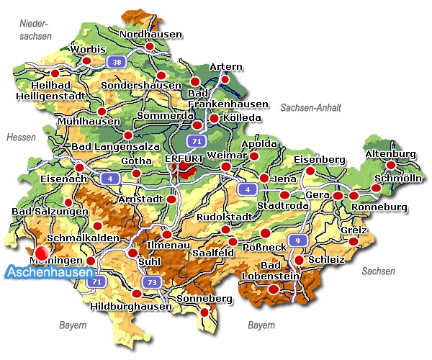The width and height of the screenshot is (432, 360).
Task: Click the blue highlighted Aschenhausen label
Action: click(50, 273)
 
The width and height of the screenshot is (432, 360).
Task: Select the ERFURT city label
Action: click(184, 158)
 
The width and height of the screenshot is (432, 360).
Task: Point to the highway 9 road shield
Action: click(295, 240)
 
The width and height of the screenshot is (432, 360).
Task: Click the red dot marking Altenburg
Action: click(391, 166)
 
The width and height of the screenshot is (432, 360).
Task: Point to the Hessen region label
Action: click(21, 137)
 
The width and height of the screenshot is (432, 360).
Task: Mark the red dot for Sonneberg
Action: click(204, 312)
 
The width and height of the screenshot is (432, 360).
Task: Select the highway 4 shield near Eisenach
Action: click(110, 178)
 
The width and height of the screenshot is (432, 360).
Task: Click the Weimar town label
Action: click(222, 156)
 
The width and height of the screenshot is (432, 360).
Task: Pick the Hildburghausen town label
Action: click(132, 306)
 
